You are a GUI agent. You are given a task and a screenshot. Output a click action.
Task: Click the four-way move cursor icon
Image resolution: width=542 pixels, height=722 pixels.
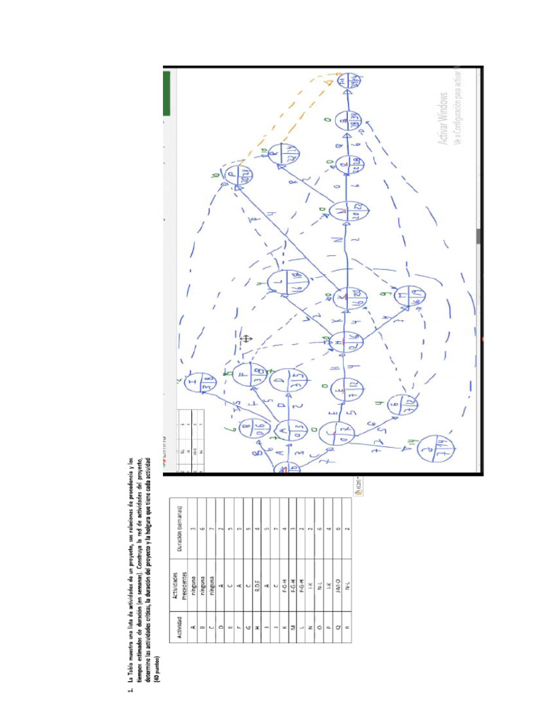tap(246, 338)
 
